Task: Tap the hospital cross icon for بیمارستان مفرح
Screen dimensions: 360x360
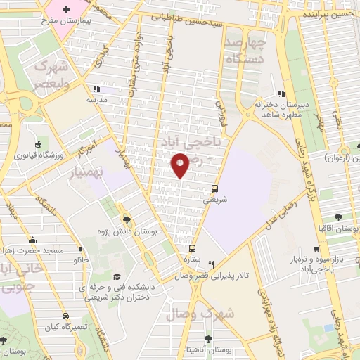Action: [x=67, y=10]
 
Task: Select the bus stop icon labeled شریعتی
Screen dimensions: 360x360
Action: [x=214, y=188]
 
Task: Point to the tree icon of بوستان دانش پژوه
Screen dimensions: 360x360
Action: [x=127, y=219]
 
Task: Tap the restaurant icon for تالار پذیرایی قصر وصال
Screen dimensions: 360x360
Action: [x=200, y=264]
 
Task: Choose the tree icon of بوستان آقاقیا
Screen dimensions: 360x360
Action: [x=340, y=217]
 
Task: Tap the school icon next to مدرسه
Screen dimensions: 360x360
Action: [x=95, y=89]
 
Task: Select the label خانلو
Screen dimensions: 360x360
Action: [x=82, y=260]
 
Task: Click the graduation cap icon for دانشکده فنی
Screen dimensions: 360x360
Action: [x=117, y=276]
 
